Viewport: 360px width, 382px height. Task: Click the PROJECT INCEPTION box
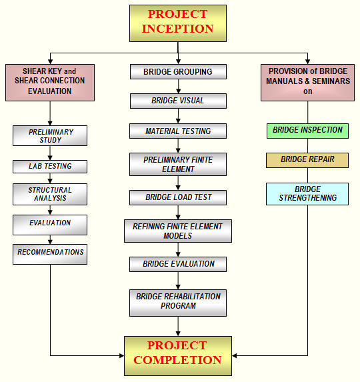click(x=178, y=23)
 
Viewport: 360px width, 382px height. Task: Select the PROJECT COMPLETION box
click(x=178, y=356)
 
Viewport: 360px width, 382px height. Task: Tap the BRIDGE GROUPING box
click(x=178, y=71)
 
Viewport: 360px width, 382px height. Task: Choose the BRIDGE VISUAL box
click(x=178, y=101)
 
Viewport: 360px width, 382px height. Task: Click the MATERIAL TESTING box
click(x=178, y=131)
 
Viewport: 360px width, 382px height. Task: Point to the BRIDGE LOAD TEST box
click(x=178, y=197)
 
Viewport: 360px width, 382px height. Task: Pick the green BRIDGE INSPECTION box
click(x=307, y=131)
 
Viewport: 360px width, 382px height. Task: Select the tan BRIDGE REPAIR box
click(x=307, y=160)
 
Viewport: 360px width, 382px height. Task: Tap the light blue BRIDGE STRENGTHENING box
click(x=307, y=194)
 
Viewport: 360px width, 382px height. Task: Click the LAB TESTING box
click(x=50, y=167)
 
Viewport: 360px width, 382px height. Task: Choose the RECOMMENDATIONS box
click(x=50, y=255)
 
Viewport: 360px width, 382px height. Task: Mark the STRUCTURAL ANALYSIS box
click(x=50, y=194)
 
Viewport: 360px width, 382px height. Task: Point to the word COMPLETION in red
click(x=177, y=360)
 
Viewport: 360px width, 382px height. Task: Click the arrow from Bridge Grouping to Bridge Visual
click(x=178, y=87)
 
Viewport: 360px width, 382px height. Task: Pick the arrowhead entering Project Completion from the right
click(x=234, y=356)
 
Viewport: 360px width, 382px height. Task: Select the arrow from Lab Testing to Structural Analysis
click(x=50, y=178)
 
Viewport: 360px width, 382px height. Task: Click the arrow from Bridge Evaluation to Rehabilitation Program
click(x=178, y=281)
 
